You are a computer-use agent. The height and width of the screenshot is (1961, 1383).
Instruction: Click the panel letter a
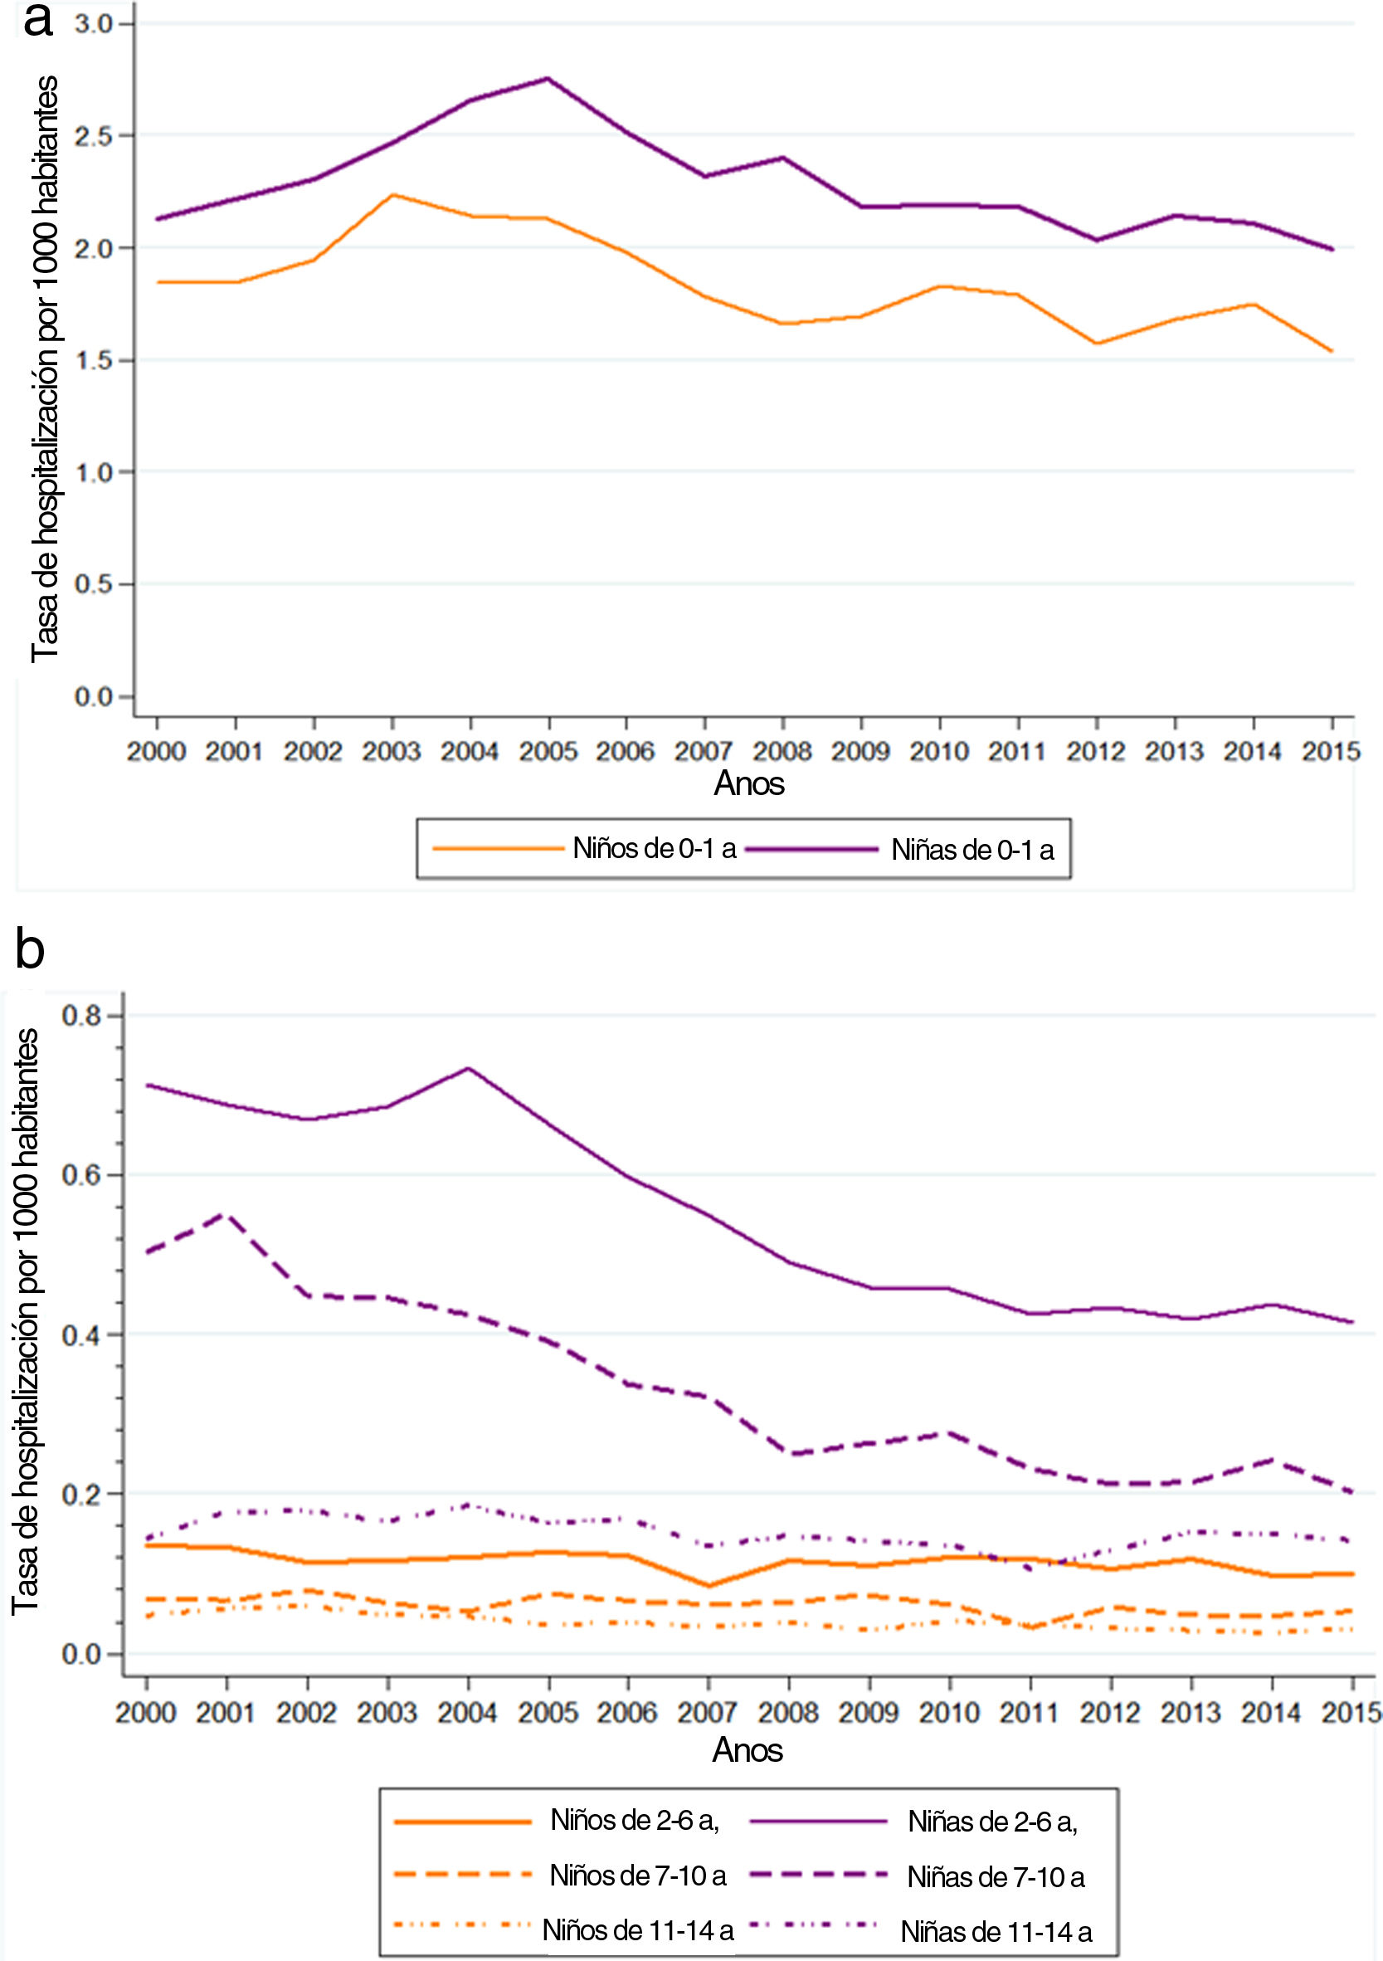(x=37, y=21)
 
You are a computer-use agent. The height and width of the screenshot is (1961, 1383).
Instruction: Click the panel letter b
(x=30, y=949)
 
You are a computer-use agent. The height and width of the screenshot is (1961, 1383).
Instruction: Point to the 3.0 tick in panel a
(x=93, y=24)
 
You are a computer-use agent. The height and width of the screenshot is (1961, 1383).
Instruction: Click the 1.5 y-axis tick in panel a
(x=93, y=360)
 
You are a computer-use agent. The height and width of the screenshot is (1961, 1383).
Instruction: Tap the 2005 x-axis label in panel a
(x=548, y=752)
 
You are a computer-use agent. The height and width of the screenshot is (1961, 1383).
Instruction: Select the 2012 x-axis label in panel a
(x=1096, y=752)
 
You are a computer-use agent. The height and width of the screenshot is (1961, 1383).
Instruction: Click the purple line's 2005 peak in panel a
(x=548, y=79)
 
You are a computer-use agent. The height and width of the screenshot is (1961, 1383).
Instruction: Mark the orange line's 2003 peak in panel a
(x=392, y=195)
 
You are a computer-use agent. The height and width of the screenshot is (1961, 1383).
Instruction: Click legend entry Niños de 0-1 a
(x=654, y=848)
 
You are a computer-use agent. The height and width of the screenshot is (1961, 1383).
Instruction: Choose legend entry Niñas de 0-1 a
(x=972, y=850)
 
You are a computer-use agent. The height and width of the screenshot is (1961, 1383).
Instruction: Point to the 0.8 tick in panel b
(x=81, y=1016)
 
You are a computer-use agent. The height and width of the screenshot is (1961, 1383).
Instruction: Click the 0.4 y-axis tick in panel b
(x=81, y=1336)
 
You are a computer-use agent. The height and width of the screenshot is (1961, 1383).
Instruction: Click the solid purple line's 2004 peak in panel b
(x=468, y=1069)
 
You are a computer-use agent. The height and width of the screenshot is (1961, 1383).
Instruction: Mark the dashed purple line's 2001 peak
(x=226, y=1213)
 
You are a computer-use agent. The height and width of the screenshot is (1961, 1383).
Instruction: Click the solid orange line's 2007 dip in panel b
(x=708, y=1586)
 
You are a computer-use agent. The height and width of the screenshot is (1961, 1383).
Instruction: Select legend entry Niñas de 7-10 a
(x=996, y=1876)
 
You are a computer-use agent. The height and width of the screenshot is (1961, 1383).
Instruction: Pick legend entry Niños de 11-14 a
(x=638, y=1929)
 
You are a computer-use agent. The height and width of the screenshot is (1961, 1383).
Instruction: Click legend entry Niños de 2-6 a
(x=635, y=1820)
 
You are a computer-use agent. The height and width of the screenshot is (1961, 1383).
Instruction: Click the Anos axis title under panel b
(x=748, y=1750)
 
